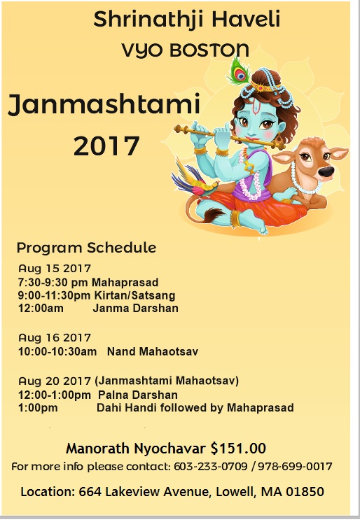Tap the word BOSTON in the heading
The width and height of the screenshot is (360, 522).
click(209, 50)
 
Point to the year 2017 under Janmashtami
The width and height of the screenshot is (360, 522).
click(106, 146)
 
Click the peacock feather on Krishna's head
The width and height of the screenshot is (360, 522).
click(239, 71)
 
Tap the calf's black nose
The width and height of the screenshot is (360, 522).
click(325, 172)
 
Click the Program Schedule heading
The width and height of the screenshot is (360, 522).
click(86, 248)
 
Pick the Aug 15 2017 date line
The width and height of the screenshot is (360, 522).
click(55, 268)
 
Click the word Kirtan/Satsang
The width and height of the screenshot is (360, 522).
click(134, 295)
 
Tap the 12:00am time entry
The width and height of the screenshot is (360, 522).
click(41, 308)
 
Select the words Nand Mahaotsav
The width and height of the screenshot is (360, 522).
click(153, 351)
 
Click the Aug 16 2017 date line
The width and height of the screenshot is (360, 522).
click(55, 337)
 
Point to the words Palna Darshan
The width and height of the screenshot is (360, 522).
click(138, 395)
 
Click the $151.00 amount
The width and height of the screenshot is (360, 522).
click(238, 449)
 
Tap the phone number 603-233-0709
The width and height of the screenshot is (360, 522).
click(211, 467)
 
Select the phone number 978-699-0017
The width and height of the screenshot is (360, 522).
click(295, 467)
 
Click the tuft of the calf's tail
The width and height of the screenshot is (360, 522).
click(214, 214)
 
